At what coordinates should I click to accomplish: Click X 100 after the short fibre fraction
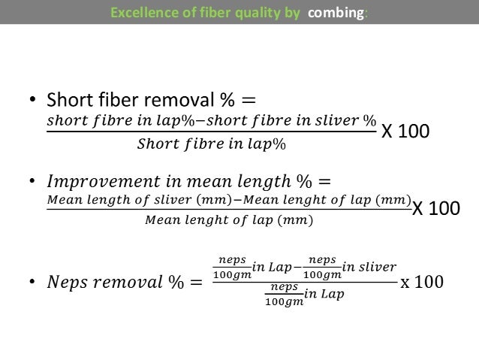(x=406, y=132)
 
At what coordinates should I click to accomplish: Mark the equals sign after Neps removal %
(x=194, y=283)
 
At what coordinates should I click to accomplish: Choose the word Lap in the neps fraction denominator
(x=335, y=294)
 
